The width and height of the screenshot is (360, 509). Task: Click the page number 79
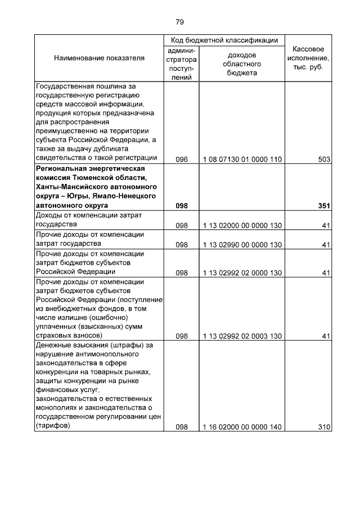[179, 22]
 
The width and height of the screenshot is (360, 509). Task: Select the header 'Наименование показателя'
[99, 58]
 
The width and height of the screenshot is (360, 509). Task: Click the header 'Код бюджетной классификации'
[224, 40]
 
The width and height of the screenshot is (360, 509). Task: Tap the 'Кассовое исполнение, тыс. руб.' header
[308, 58]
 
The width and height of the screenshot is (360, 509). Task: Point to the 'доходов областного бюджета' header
[242, 64]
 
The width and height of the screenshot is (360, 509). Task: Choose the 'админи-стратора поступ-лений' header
[181, 64]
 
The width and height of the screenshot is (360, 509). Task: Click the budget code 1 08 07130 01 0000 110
[242, 159]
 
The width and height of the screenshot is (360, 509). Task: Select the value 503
[323, 159]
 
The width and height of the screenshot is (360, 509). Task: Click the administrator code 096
[181, 159]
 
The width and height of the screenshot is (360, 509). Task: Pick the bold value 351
[323, 206]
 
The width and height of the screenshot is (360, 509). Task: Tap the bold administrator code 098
[181, 206]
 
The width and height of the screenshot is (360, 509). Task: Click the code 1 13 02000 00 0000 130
[242, 225]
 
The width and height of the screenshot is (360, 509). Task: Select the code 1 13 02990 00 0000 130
[242, 245]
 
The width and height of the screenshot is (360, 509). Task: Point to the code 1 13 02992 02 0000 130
[242, 273]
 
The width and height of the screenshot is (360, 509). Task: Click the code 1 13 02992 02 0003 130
[242, 336]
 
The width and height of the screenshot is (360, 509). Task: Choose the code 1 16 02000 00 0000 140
[242, 427]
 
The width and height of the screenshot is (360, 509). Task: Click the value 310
[323, 427]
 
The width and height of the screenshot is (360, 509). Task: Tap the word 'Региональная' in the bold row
[60, 168]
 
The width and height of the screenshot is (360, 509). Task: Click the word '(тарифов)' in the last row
[52, 426]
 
